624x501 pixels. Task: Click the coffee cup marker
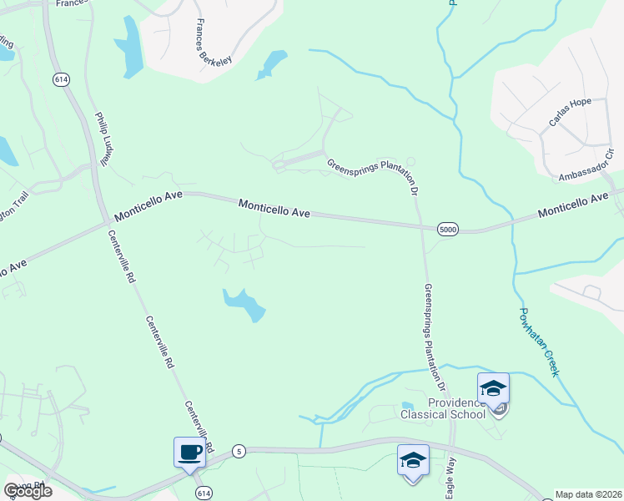[190, 453]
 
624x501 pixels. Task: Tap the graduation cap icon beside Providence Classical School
[493, 388]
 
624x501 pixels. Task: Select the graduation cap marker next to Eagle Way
[414, 461]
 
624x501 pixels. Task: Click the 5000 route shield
[448, 228]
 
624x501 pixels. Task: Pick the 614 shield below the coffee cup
[204, 493]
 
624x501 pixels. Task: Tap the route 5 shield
[239, 450]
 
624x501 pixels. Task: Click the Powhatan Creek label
[538, 342]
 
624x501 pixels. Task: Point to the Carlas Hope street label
[570, 113]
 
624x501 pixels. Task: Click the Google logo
[28, 491]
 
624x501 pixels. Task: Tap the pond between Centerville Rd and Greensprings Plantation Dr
[244, 304]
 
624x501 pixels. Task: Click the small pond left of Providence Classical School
[407, 405]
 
